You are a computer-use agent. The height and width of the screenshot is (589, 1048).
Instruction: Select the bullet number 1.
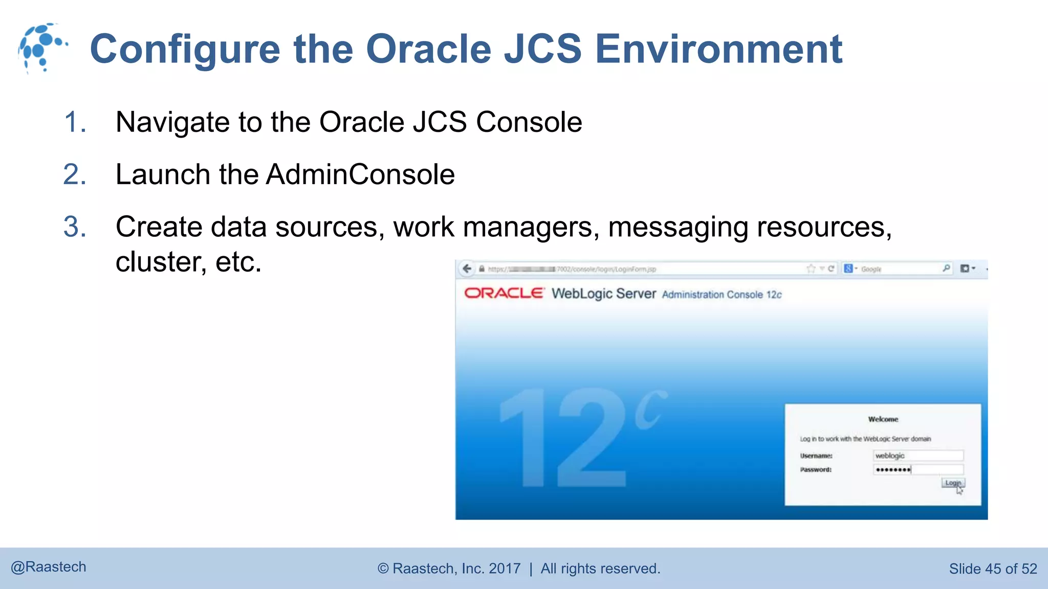coord(75,122)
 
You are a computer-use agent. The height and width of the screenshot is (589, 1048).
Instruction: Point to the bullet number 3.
coord(75,226)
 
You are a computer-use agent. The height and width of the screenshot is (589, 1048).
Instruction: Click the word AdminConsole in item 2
coord(360,174)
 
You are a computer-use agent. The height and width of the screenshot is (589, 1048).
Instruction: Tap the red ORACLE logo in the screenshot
coord(504,293)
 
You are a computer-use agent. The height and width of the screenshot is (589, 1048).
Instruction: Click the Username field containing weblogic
coord(918,456)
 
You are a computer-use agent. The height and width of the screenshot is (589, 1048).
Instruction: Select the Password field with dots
coord(918,469)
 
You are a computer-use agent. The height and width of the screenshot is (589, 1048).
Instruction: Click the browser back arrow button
coord(467,269)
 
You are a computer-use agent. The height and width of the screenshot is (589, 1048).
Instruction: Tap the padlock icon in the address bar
coord(482,269)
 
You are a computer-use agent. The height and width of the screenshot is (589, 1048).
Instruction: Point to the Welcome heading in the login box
coord(883,419)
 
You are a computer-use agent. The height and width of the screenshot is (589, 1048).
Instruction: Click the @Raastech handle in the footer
coord(49,567)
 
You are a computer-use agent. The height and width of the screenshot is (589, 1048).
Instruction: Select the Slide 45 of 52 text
coord(993,569)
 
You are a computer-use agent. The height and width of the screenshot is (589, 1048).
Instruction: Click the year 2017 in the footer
coord(505,569)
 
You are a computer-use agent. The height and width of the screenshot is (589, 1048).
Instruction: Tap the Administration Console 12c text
coord(722,294)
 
